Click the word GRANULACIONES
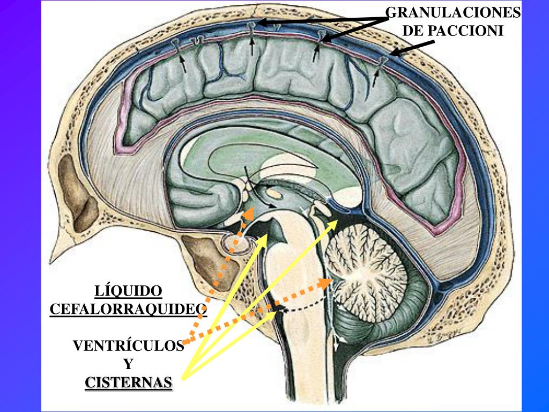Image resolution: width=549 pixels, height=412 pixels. pyautogui.click(x=453, y=12)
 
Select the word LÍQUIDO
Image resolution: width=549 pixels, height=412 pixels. pyautogui.click(x=128, y=291)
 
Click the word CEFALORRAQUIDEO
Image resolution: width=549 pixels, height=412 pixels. pyautogui.click(x=128, y=309)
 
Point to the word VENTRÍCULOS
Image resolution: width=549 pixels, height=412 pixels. pyautogui.click(x=128, y=346)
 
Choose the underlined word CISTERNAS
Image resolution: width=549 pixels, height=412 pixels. pyautogui.click(x=129, y=382)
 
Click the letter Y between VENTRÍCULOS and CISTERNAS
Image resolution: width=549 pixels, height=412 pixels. pyautogui.click(x=128, y=364)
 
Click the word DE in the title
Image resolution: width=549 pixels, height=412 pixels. pyautogui.click(x=413, y=31)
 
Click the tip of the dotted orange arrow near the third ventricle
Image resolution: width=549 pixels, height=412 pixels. pyautogui.click(x=250, y=210)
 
